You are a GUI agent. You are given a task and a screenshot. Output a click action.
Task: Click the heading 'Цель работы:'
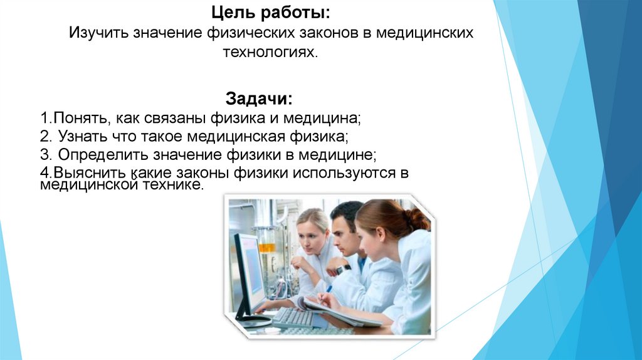tap(271, 13)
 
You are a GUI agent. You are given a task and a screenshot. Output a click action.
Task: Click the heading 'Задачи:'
tap(258, 99)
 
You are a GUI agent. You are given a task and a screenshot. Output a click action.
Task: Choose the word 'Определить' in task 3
tap(96, 154)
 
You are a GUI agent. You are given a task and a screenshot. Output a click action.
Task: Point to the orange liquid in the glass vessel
tap(268, 247)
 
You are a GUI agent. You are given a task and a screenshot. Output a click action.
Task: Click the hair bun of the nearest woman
tap(416, 220)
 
